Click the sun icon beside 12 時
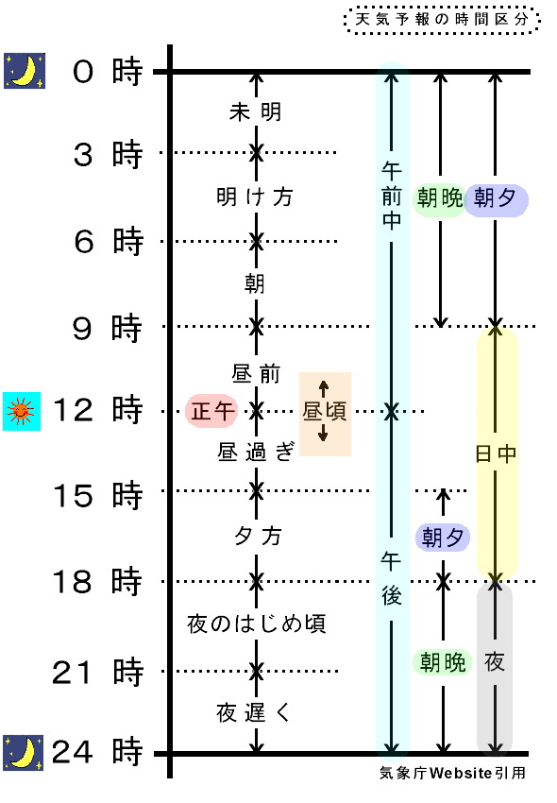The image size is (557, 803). pyautogui.click(x=22, y=411)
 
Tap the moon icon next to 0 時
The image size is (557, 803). pyautogui.click(x=25, y=71)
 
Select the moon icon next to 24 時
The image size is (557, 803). pyautogui.click(x=23, y=753)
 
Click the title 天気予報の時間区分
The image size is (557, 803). pyautogui.click(x=441, y=20)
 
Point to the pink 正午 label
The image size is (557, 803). pyautogui.click(x=212, y=411)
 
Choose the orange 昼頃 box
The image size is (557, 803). pyautogui.click(x=325, y=414)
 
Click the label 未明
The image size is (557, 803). pyautogui.click(x=256, y=111)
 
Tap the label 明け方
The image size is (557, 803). pyautogui.click(x=255, y=196)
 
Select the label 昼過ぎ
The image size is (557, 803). pyautogui.click(x=256, y=452)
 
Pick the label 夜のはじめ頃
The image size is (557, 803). pyautogui.click(x=256, y=624)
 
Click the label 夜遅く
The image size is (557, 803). pyautogui.click(x=254, y=712)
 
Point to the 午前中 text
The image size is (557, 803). pyautogui.click(x=392, y=196)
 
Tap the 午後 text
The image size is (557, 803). pyautogui.click(x=392, y=579)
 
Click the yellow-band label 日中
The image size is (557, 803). pyautogui.click(x=496, y=453)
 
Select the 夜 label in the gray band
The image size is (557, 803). pyautogui.click(x=495, y=662)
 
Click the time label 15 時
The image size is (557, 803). pyautogui.click(x=97, y=495)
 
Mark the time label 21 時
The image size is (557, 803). pyautogui.click(x=97, y=672)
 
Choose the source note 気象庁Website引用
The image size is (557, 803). pyautogui.click(x=452, y=773)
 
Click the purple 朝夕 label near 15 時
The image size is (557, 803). pyautogui.click(x=443, y=538)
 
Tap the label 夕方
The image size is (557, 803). pyautogui.click(x=258, y=537)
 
